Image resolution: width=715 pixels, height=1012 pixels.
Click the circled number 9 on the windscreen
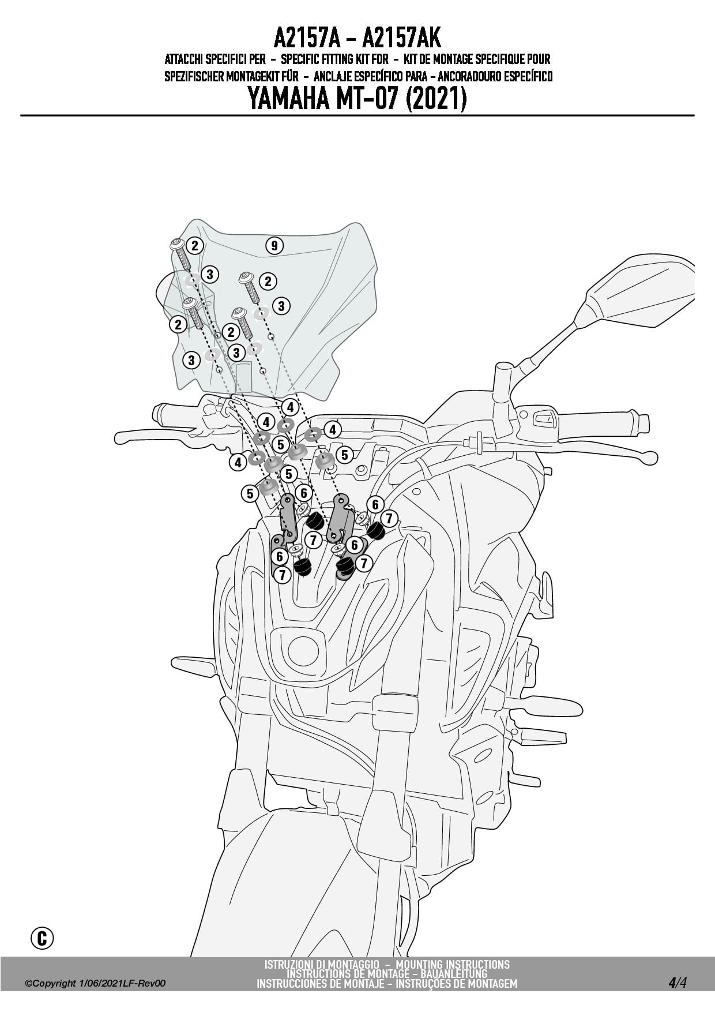tap(274, 246)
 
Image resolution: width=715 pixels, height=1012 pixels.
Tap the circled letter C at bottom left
tap(42, 938)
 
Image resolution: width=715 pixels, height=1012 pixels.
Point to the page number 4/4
tap(678, 982)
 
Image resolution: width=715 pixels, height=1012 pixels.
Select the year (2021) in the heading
tap(436, 99)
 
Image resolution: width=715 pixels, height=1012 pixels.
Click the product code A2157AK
tap(401, 39)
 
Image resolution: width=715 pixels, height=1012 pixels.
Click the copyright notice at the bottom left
tap(95, 983)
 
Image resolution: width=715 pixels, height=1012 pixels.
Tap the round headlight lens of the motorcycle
tap(303, 651)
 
